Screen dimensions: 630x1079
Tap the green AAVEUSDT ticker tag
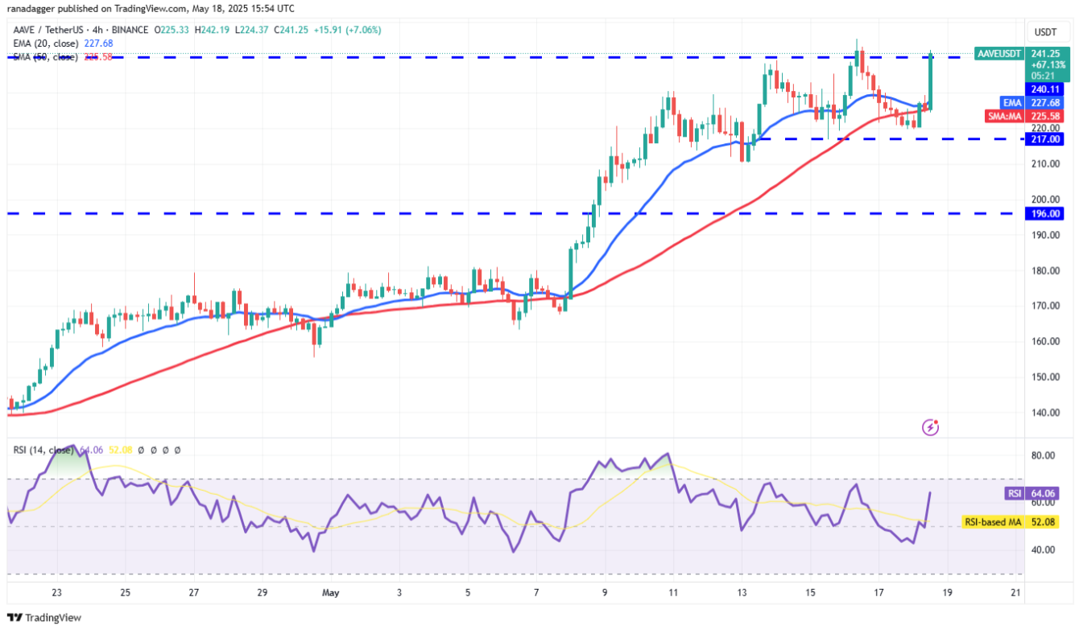(998, 54)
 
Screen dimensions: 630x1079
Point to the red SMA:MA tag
(1003, 116)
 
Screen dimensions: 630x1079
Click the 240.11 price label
(1045, 89)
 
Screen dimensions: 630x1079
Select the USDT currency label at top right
(1046, 32)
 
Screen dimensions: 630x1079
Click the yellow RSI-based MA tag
(991, 522)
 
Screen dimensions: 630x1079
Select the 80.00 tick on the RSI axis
(1044, 455)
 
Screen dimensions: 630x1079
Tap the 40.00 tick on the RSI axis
(1044, 550)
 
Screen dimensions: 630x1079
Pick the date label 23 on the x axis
(56, 593)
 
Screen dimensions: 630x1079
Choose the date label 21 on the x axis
(1015, 593)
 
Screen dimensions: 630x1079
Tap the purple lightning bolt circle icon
(930, 427)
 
